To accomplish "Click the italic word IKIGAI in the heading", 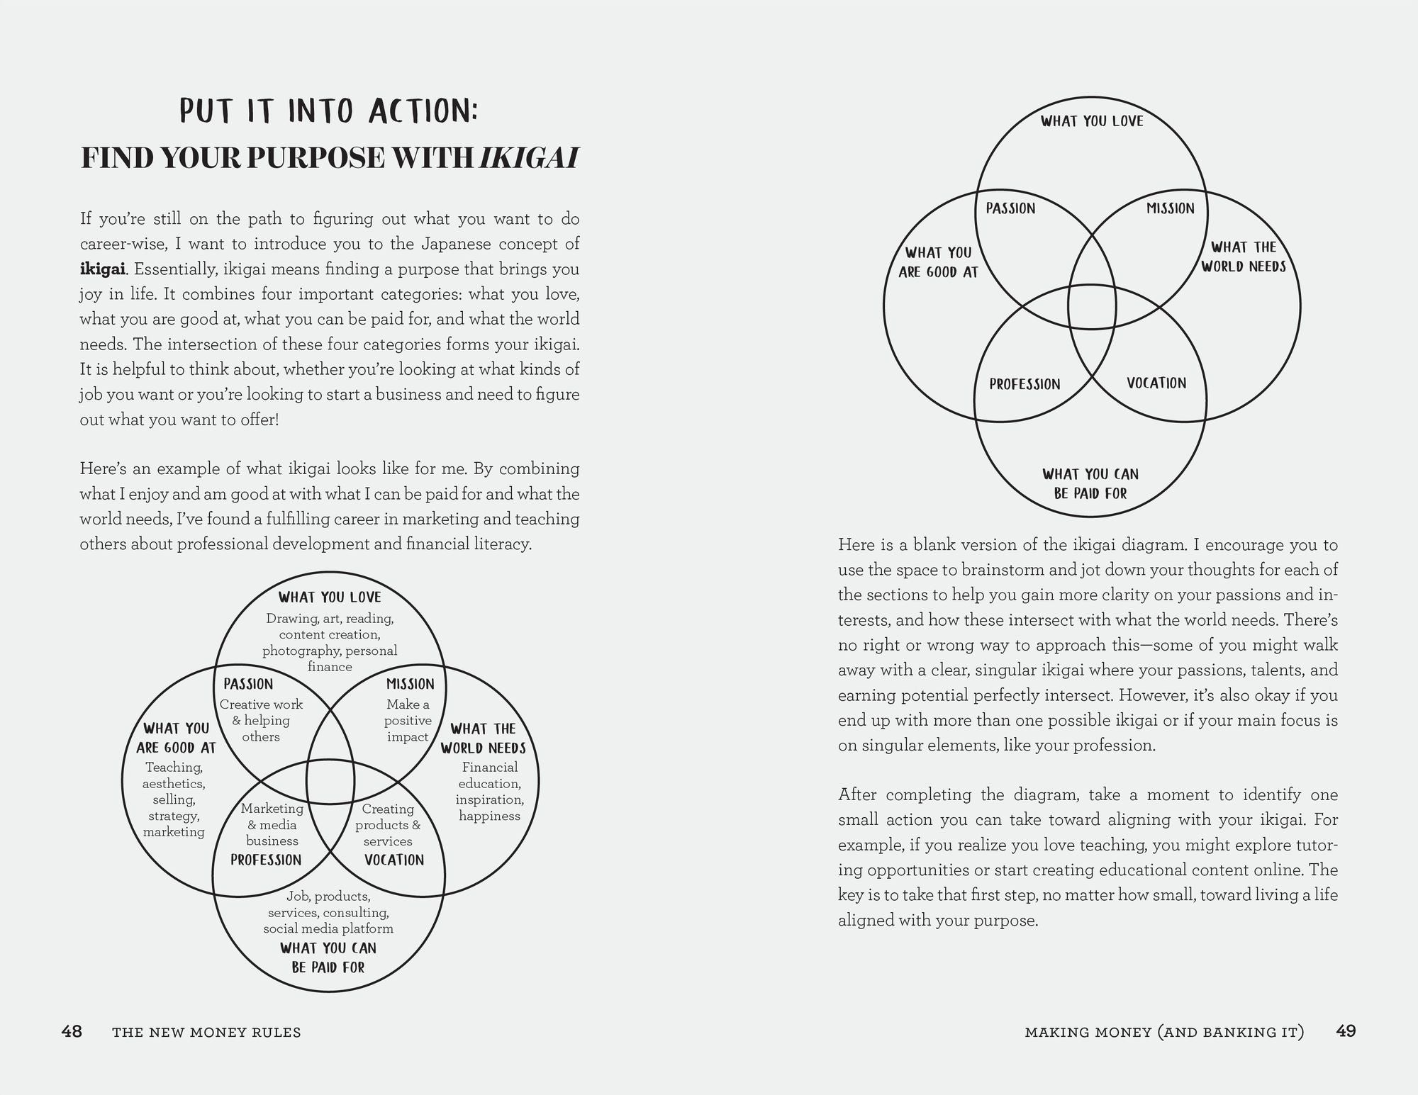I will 529,158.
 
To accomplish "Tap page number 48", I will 72,1031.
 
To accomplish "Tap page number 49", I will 1345,1031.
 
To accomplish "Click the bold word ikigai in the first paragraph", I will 103,269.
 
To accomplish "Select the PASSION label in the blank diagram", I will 1010,208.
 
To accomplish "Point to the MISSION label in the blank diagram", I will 1171,208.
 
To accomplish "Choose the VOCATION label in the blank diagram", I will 1156,383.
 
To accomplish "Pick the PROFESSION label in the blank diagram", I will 1025,384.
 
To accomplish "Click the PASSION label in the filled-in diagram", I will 248,684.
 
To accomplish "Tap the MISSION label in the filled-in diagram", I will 410,684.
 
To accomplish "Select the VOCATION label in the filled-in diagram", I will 393,860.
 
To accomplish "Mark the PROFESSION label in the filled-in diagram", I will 266,860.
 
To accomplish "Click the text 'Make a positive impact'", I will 408,721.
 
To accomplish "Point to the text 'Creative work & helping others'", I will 261,721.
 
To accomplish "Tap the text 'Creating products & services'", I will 388,825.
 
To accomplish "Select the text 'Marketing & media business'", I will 272,825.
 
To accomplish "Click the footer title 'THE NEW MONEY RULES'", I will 206,1033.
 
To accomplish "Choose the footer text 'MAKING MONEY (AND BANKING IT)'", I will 1164,1033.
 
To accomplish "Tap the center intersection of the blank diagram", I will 1092,307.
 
